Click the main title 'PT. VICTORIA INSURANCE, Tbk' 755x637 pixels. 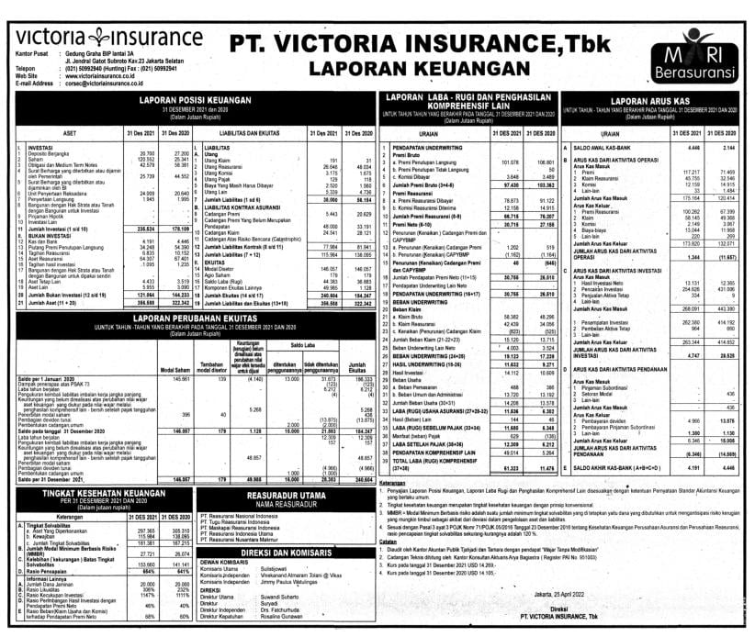[436, 42]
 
